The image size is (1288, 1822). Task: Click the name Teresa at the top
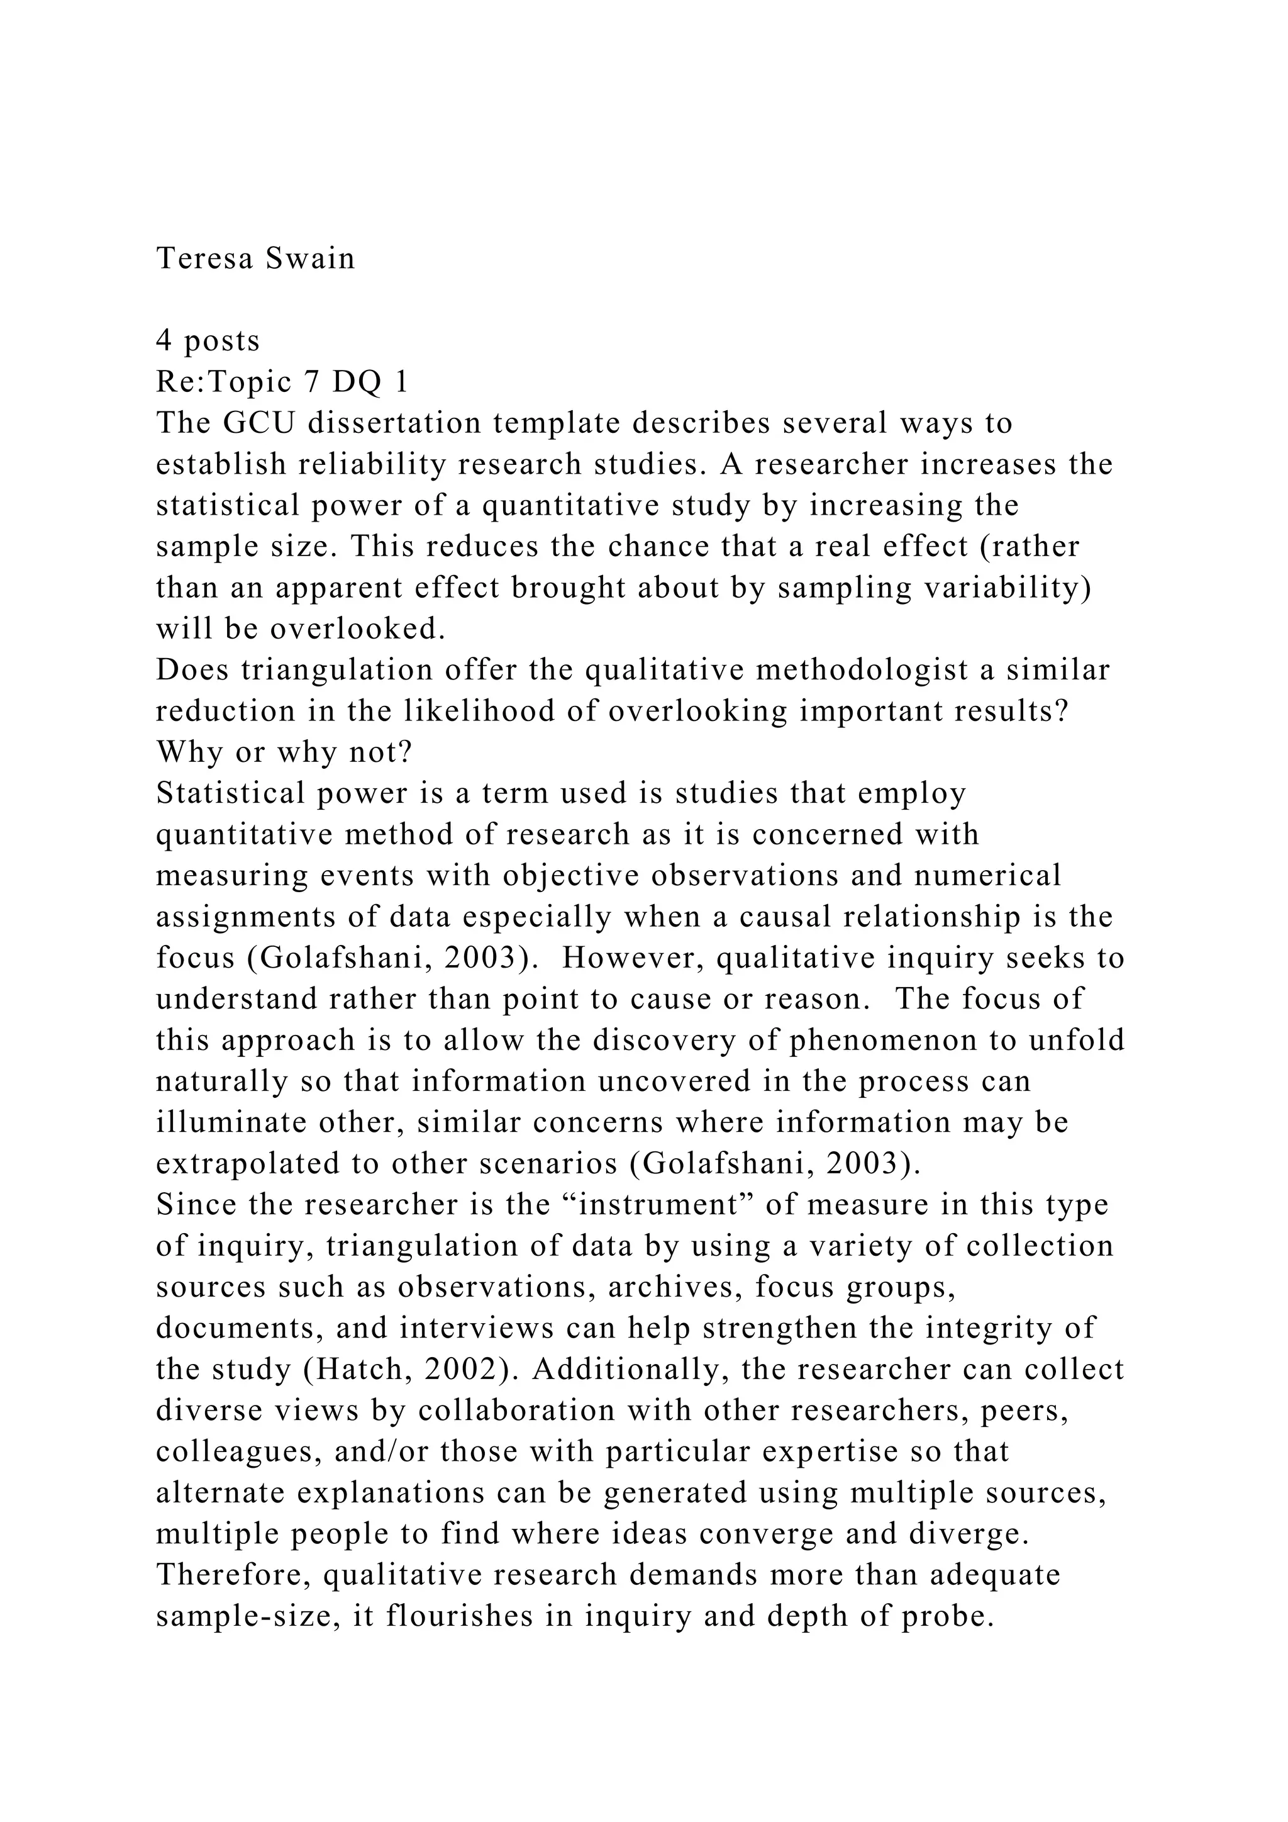point(204,259)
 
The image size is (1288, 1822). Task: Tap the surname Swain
point(310,259)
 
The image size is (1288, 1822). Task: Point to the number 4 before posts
point(164,340)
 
